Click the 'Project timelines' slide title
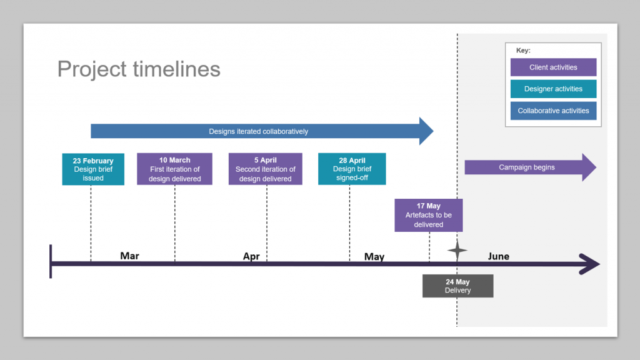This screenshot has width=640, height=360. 139,69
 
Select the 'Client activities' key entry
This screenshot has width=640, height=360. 553,67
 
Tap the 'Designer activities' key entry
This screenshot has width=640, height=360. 553,89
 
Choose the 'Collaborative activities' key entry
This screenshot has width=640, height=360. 553,111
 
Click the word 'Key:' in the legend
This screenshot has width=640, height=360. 523,50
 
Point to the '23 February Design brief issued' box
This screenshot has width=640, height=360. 93,169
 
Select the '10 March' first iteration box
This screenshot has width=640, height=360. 174,169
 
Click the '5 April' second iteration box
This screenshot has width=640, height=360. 266,169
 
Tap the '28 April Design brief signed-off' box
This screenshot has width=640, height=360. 352,169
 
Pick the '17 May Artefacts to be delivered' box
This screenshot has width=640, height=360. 428,215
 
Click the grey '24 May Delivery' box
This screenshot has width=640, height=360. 457,286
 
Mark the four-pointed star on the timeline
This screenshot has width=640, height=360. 457,251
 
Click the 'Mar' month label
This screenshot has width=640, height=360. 129,256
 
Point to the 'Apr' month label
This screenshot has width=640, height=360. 251,257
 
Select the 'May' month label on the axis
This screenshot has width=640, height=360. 374,257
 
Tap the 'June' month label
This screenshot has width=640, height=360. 498,256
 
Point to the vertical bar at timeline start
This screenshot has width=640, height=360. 51,262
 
